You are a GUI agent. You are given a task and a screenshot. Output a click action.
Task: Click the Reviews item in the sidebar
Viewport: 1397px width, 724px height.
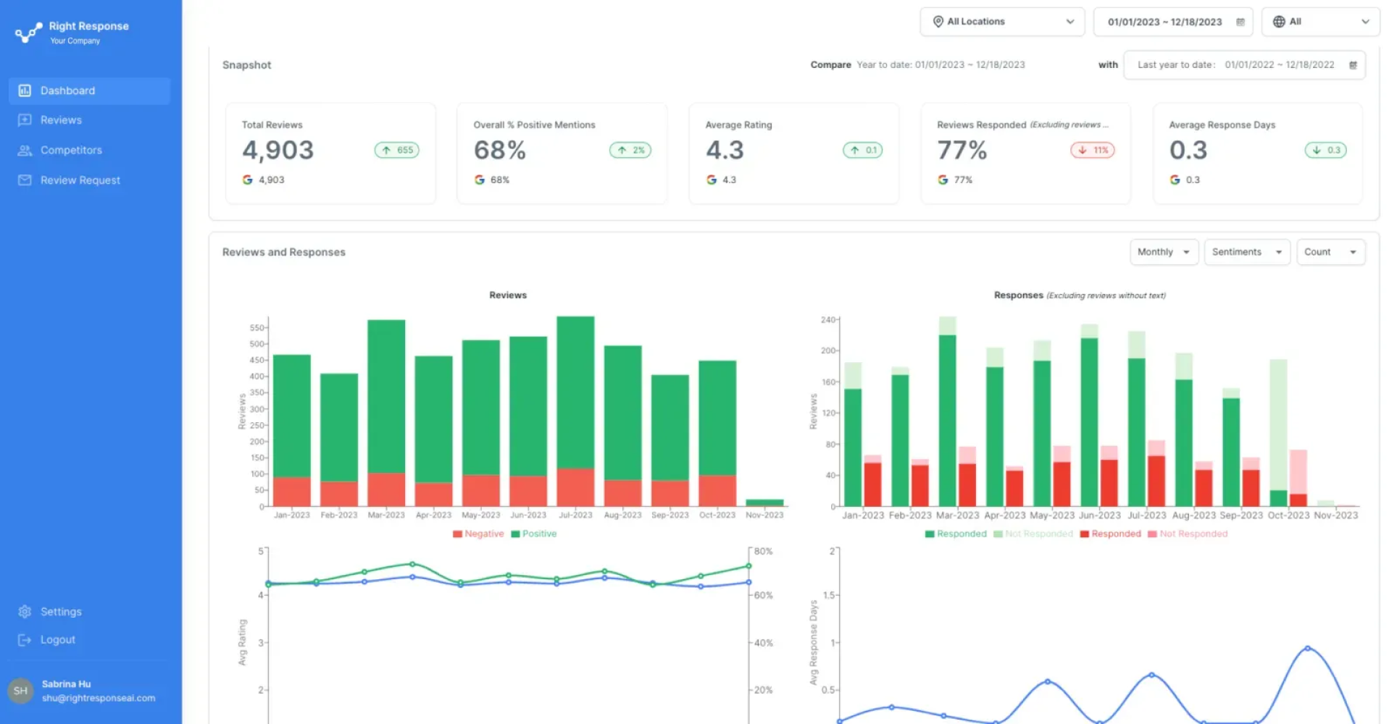click(61, 120)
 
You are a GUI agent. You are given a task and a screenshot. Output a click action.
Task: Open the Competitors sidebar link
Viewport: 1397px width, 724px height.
click(71, 150)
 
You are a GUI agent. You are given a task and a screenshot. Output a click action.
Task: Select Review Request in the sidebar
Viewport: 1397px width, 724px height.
click(80, 180)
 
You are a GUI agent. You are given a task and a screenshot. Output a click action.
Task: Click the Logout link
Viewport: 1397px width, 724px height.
click(57, 640)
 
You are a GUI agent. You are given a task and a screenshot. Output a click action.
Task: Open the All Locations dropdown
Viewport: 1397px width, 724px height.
click(1001, 22)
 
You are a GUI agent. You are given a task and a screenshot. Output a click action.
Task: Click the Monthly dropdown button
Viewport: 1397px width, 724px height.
click(1163, 252)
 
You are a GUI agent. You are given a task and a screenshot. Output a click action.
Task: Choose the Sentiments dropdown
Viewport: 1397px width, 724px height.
click(1246, 252)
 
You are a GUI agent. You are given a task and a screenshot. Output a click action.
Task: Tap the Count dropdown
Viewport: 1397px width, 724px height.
click(1330, 252)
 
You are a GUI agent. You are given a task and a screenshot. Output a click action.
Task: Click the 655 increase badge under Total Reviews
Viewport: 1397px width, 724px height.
click(397, 151)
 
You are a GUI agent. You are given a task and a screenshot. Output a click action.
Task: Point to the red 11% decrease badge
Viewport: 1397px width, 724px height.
click(1093, 151)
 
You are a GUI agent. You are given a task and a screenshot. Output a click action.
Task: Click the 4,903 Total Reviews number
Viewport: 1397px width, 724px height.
click(278, 151)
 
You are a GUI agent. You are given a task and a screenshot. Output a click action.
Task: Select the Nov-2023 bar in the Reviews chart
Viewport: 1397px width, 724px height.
click(764, 502)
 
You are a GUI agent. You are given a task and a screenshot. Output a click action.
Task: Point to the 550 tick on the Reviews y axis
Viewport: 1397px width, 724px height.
click(257, 328)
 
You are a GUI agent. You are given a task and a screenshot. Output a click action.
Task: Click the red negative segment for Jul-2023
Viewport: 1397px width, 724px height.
click(575, 487)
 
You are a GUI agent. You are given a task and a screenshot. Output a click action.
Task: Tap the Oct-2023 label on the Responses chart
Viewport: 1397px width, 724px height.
click(1288, 515)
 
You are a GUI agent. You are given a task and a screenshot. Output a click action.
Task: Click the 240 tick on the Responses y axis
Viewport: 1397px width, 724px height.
click(828, 320)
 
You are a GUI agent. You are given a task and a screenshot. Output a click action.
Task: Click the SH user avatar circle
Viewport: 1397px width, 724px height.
click(20, 691)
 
